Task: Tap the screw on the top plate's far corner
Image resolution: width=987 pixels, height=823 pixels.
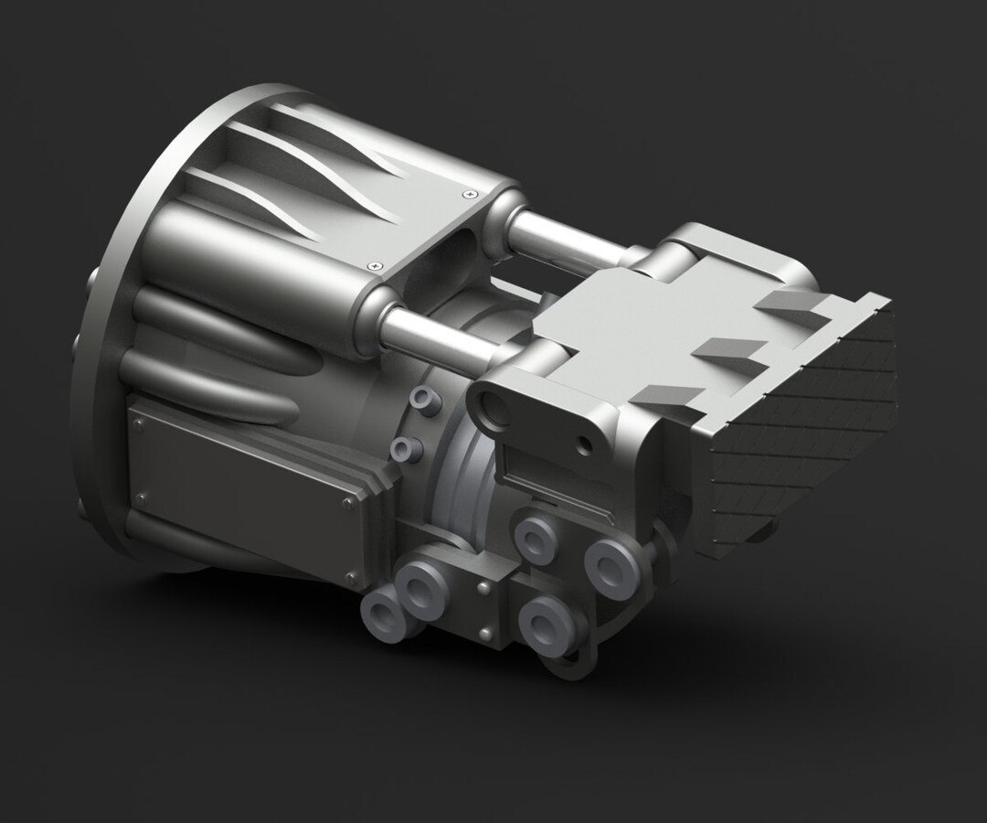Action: point(470,193)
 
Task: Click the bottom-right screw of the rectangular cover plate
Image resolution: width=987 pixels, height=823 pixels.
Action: point(351,576)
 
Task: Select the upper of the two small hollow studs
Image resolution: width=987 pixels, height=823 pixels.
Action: point(421,399)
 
